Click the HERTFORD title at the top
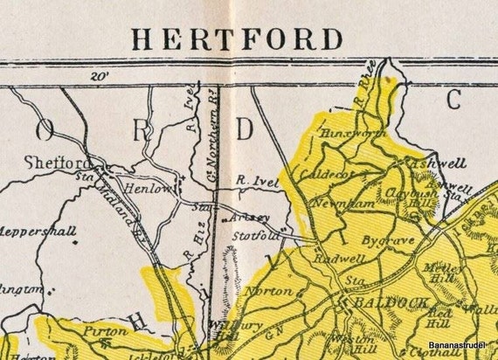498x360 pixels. click(236, 39)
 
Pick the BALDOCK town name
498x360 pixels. click(377, 301)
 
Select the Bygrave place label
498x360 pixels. click(383, 237)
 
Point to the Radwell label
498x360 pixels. click(333, 260)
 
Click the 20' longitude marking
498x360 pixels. click(101, 77)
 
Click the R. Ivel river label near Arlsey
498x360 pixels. click(253, 183)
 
